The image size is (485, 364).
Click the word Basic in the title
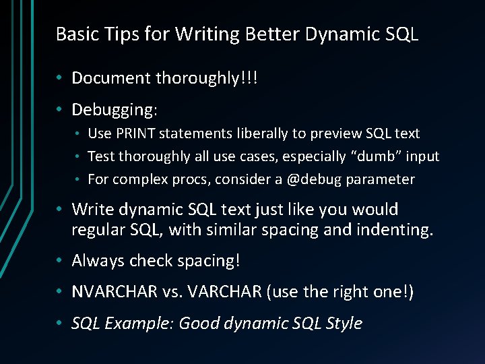point(75,34)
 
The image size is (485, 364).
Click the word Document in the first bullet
point(111,78)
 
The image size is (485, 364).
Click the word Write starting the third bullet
point(93,210)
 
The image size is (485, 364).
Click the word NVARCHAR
point(114,292)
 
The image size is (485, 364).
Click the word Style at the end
point(344,324)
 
